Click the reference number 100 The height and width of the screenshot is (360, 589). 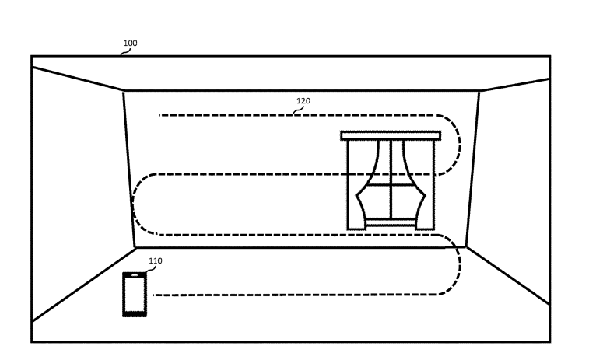131,44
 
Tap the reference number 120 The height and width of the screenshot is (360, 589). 303,100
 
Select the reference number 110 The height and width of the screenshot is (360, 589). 156,260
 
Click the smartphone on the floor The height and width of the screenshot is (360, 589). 135,295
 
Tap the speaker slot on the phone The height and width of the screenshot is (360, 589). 135,275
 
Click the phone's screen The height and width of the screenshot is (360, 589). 135,295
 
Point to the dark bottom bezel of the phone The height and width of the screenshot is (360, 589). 135,314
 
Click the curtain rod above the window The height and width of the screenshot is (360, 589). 391,135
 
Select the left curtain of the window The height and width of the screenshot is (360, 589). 368,184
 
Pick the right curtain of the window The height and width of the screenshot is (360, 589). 414,184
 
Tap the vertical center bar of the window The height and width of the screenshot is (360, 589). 391,179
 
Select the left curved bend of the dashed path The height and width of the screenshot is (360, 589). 133,204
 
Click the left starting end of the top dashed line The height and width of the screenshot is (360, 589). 160,115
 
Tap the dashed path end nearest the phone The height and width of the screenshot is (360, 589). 153,295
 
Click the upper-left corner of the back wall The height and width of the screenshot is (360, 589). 124,91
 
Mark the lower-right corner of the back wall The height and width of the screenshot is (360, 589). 466,247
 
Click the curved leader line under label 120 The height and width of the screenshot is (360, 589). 299,110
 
